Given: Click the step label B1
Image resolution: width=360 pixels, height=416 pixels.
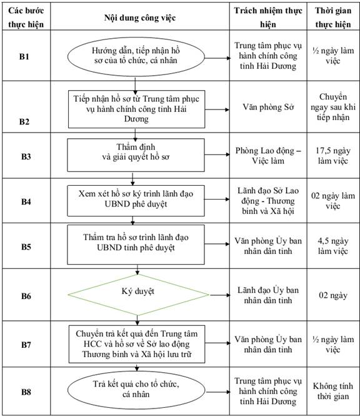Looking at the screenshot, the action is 24,56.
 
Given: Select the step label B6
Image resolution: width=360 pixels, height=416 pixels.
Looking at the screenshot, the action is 26,296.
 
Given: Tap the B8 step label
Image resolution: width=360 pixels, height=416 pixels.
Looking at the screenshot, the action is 26,392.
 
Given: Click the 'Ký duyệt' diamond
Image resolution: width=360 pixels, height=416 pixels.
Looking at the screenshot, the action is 138,295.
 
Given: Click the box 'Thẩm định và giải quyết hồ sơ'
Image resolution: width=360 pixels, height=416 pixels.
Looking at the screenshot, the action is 136,155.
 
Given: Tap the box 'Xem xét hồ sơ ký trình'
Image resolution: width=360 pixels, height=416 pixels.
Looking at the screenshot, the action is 136,201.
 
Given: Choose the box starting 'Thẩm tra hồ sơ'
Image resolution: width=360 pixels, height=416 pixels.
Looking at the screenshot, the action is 136,245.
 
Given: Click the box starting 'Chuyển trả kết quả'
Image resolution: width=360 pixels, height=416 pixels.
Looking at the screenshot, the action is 137,344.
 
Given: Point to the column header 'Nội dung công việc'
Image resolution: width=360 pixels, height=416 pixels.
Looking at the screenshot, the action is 140,18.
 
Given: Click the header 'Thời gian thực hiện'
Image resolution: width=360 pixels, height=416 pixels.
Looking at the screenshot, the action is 333,18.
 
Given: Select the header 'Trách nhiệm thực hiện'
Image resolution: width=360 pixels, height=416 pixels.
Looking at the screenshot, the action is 267,18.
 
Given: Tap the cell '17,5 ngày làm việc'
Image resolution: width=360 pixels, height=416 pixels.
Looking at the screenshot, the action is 333,156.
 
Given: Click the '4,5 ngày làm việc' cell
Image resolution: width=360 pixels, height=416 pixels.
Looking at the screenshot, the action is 333,246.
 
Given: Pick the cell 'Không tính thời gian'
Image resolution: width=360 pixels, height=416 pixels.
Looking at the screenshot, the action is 333,391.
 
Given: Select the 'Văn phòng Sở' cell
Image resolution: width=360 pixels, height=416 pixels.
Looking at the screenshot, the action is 268,107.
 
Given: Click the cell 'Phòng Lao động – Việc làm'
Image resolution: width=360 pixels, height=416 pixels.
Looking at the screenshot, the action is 268,156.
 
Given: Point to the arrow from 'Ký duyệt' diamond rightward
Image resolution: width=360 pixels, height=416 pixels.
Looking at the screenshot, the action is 220,295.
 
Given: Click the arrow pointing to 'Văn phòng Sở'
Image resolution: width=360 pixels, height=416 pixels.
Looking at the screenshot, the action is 217,109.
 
